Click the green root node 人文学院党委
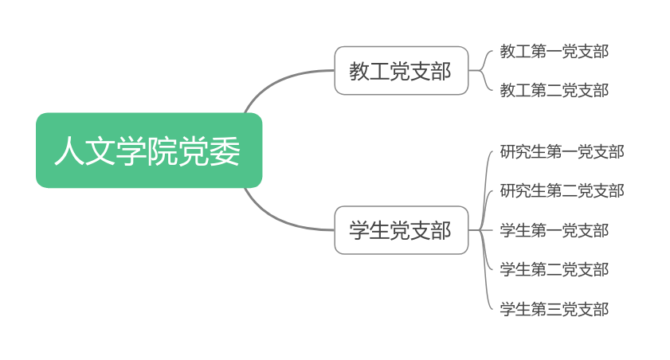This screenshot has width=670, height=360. click(x=149, y=151)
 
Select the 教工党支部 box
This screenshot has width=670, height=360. click(x=401, y=71)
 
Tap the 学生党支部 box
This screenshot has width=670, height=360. click(x=401, y=230)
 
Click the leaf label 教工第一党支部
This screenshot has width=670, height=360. click(x=554, y=52)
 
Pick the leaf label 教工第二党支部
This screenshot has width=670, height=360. click(x=554, y=91)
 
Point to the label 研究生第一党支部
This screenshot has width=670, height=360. click(x=562, y=151)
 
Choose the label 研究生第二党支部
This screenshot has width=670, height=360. click(x=562, y=191)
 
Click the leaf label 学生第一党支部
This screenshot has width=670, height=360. click(x=554, y=231)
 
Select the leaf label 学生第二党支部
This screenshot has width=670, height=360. click(x=554, y=270)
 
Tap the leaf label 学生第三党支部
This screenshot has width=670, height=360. click(x=554, y=309)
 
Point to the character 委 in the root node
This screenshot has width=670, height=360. click(x=225, y=151)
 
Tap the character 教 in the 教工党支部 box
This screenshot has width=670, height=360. click(x=359, y=72)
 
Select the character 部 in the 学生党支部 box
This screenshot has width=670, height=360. click(x=441, y=231)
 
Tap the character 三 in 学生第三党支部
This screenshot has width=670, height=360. click(x=554, y=309)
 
